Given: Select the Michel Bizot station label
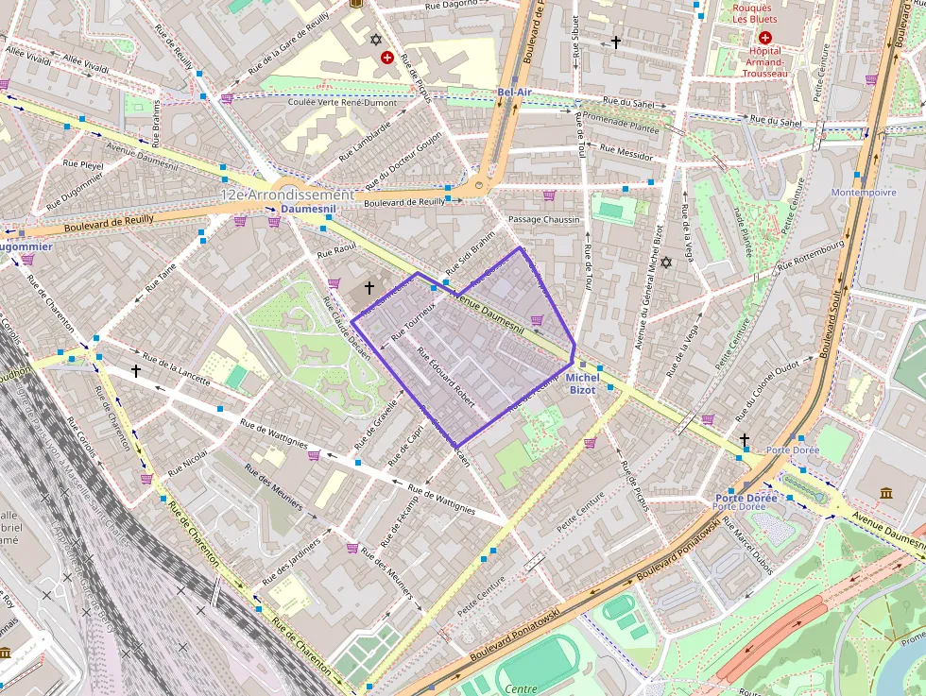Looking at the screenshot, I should (x=583, y=383).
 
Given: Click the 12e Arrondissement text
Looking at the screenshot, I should (x=286, y=194).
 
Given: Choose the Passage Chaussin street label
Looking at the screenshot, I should (x=543, y=219).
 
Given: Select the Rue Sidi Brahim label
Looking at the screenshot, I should (x=470, y=254).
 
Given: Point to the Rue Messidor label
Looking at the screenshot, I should (x=626, y=151).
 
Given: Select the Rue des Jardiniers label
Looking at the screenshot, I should (x=290, y=561).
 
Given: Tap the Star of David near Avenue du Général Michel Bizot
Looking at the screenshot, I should (x=666, y=262).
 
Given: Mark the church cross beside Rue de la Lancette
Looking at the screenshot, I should (x=136, y=371).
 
